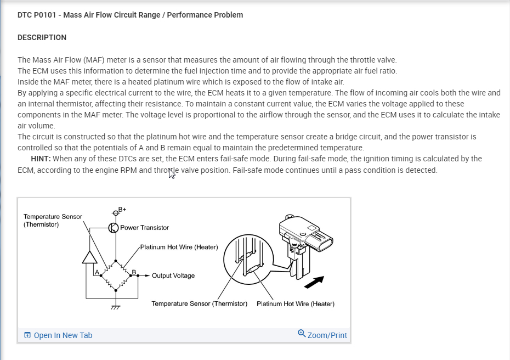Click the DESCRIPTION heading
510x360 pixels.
pos(42,37)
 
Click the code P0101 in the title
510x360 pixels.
pos(46,15)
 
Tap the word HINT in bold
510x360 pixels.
pos(41,159)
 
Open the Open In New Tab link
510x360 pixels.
pos(63,335)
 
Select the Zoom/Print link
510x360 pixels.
pos(327,335)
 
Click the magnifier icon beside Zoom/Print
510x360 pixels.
pos(302,334)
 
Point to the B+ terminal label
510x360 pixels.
pos(122,209)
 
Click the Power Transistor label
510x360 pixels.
pos(144,228)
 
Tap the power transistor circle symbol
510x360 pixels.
pos(114,228)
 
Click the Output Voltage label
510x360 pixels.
pos(173,275)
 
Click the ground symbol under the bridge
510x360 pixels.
pos(115,307)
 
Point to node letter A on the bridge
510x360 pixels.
pos(97,272)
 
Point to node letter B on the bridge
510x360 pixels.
pos(133,272)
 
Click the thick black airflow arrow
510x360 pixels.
pos(314,282)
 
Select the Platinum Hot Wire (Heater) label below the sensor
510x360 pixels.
pos(295,303)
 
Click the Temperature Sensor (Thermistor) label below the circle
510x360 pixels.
pos(199,303)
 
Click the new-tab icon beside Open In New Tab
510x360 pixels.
pos(27,335)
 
